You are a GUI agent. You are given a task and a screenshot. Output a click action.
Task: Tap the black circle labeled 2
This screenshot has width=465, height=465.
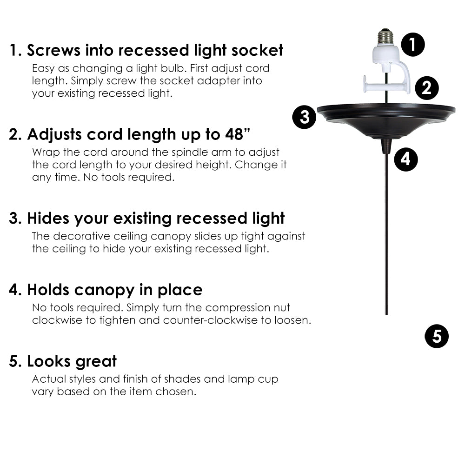click(426, 87)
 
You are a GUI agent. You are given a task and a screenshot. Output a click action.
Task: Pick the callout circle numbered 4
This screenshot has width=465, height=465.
click(405, 159)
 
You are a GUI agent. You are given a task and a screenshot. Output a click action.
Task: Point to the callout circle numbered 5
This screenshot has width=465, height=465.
click(437, 336)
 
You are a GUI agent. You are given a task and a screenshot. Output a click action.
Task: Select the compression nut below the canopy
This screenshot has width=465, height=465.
click(386, 146)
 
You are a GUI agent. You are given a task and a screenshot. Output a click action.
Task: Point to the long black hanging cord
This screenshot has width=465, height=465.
click(386, 232)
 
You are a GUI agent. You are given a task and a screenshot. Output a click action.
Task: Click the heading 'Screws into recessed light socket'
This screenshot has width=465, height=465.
click(146, 50)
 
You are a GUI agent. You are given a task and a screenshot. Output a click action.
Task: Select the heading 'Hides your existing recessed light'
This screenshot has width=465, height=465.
click(147, 218)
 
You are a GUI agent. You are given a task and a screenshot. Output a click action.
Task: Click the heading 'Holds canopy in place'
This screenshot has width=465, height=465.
click(106, 290)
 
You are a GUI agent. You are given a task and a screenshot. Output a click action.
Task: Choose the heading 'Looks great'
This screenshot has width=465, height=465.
click(63, 361)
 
